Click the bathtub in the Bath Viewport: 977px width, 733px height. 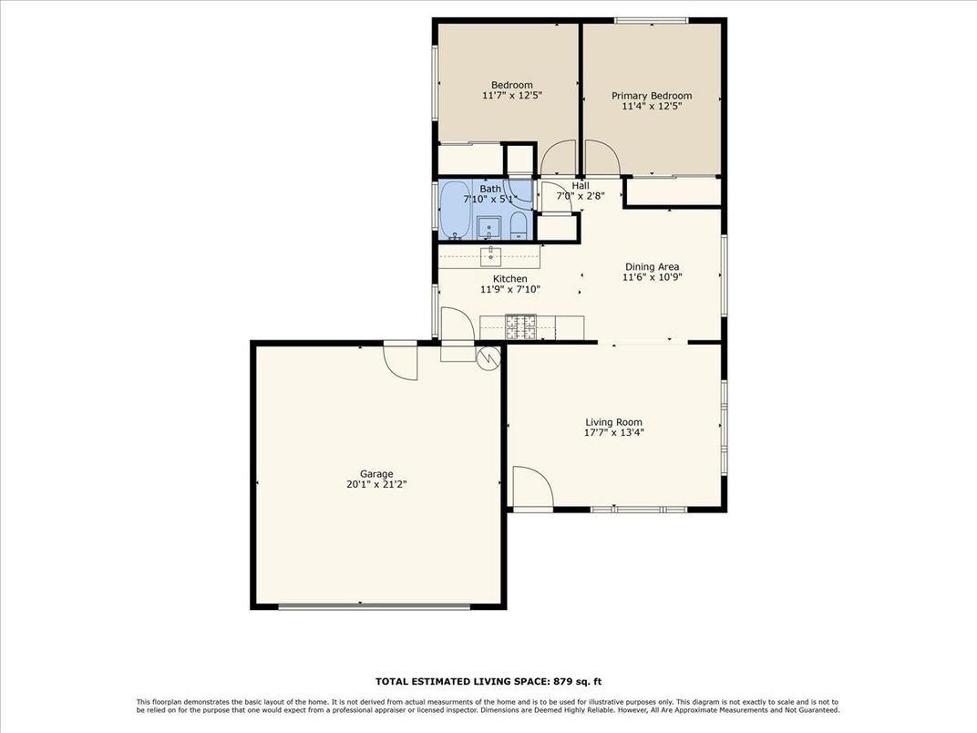[x=456, y=209]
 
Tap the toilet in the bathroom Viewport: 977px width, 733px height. [x=518, y=227]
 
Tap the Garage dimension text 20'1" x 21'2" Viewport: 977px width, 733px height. [x=376, y=485]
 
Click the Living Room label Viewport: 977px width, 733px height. [x=613, y=422]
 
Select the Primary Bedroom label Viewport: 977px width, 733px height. [x=651, y=96]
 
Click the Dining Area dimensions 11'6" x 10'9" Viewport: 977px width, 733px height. [x=651, y=278]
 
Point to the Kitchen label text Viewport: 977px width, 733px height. [x=509, y=279]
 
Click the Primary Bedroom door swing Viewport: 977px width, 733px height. [x=602, y=157]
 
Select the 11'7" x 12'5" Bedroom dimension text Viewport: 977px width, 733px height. [x=511, y=96]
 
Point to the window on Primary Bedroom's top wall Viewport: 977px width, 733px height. [x=652, y=20]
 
